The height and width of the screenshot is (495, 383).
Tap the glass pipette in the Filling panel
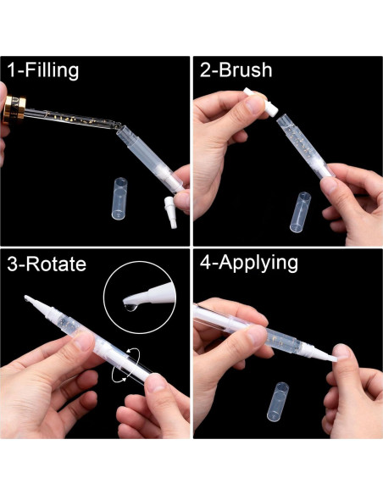[76, 124]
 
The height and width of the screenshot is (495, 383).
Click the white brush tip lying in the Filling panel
[168, 209]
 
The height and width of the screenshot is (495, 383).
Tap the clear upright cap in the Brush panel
[302, 212]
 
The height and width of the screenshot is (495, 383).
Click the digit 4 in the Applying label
[203, 263]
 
